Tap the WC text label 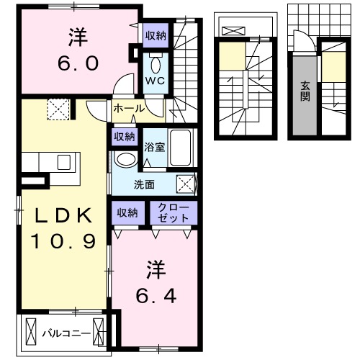point(156,81)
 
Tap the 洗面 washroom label point(144,184)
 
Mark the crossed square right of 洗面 point(185,184)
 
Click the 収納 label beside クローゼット point(128,212)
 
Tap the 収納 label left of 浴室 point(123,136)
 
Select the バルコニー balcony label point(66,333)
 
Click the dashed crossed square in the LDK point(58,109)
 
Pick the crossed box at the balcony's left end point(30,332)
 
